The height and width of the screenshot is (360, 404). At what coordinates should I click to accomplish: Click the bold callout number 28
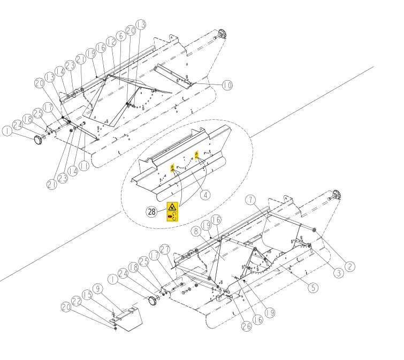pyautogui.click(x=151, y=212)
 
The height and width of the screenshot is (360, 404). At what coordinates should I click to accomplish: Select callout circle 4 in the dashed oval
pyautogui.click(x=205, y=195)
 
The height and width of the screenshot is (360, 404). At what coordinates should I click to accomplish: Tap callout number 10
pyautogui.click(x=227, y=85)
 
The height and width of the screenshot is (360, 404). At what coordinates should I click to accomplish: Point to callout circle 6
pyautogui.click(x=121, y=36)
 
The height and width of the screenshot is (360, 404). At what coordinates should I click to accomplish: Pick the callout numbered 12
pyautogui.click(x=111, y=42)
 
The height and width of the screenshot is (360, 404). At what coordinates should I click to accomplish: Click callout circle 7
pyautogui.click(x=250, y=200)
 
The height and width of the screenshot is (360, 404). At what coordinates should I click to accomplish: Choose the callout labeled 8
pyautogui.click(x=196, y=231)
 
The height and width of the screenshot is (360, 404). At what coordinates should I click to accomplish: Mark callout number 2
pyautogui.click(x=350, y=266)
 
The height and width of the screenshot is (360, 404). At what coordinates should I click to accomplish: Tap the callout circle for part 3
pyautogui.click(x=339, y=273)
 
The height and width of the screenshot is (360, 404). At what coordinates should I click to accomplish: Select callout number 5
pyautogui.click(x=313, y=287)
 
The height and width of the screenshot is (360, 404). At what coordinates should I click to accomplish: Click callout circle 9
pyautogui.click(x=97, y=289)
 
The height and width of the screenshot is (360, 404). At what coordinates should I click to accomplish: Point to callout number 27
pyautogui.click(x=165, y=249)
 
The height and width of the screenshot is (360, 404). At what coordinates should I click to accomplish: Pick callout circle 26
pyautogui.click(x=247, y=326)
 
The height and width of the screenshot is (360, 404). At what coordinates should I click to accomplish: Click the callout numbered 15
pyautogui.click(x=87, y=295)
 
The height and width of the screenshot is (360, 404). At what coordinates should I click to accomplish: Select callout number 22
pyautogui.click(x=77, y=301)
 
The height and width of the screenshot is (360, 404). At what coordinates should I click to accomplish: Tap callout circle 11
pyautogui.click(x=84, y=166)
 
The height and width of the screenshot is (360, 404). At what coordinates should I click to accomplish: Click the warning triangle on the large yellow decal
pyautogui.click(x=172, y=207)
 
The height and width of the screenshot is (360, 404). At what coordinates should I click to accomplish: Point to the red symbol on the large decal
pyautogui.click(x=170, y=217)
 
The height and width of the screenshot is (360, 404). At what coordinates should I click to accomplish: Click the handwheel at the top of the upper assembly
pyautogui.click(x=222, y=34)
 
